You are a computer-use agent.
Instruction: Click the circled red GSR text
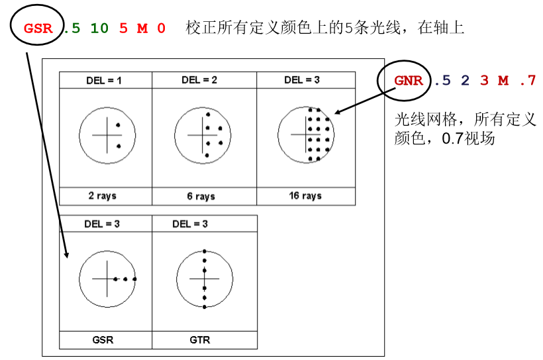point(38,28)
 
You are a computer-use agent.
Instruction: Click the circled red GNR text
point(409,81)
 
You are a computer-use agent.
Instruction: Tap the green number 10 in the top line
point(99,28)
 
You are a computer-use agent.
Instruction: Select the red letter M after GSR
point(142,28)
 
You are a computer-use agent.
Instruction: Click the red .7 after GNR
point(528,81)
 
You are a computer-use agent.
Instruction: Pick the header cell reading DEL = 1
point(104,81)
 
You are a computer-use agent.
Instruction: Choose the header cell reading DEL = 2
point(199,80)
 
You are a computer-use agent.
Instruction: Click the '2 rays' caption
point(103,196)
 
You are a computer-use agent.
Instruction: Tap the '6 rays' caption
point(201,197)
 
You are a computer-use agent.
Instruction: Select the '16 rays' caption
point(305,196)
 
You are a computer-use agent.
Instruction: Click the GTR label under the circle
point(200,340)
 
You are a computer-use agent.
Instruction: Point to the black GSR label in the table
point(103,340)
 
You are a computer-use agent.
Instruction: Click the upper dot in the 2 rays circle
point(118,125)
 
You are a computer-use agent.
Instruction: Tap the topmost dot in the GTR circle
point(205,251)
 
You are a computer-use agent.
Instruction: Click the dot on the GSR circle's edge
point(134,279)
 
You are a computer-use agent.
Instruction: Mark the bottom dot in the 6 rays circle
point(207,156)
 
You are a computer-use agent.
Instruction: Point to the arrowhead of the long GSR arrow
point(66,255)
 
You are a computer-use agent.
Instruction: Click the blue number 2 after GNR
point(465,81)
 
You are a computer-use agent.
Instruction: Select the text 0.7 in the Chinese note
point(452,138)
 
